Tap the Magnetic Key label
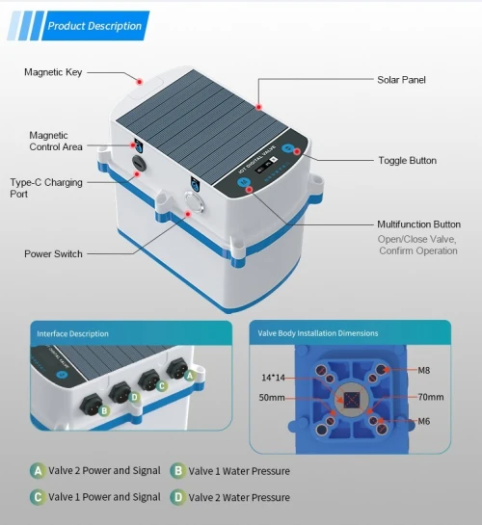coord(53,72)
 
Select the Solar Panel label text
coord(401,80)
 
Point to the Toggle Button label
coord(408,160)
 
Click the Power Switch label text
coord(53,253)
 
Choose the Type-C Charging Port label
coord(46,188)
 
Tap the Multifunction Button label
coord(418,224)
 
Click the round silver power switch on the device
coord(193,202)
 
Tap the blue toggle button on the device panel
coord(287,148)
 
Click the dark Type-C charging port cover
coord(138,163)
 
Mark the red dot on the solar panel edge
coord(258,107)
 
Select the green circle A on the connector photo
coord(190,376)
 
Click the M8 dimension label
coord(424,370)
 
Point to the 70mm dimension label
coord(431,397)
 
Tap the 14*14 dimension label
coord(273,378)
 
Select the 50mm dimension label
coord(272,398)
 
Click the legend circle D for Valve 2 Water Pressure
coord(178,497)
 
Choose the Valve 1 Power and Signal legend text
coord(104,497)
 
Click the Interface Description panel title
coord(72,334)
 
